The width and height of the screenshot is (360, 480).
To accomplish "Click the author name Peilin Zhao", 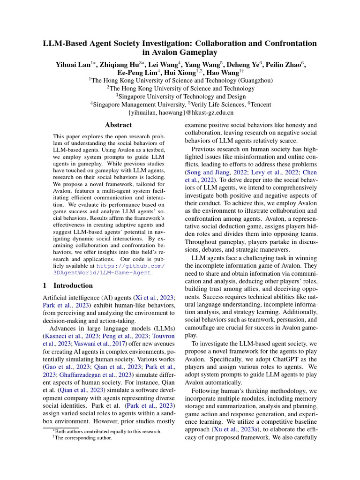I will click(x=292, y=64).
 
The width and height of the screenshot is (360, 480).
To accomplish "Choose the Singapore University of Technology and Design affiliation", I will click(x=180, y=96).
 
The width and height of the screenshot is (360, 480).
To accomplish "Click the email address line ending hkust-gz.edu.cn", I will click(x=180, y=112).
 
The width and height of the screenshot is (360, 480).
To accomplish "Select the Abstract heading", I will click(x=118, y=125).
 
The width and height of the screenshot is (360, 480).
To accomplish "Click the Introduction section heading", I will click(x=73, y=285).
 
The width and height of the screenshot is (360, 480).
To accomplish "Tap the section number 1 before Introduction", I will click(x=45, y=285).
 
